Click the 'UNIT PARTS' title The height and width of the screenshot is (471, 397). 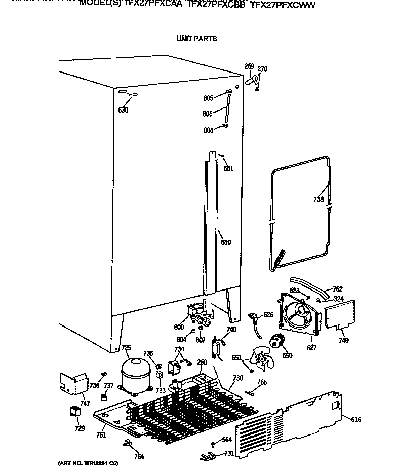click(196, 39)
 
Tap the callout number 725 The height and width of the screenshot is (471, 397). click(126, 347)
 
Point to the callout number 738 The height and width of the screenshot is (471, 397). click(318, 199)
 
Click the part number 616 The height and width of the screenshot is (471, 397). click(356, 419)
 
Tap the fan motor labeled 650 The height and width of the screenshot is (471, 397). click(276, 342)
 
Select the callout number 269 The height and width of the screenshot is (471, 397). click(249, 66)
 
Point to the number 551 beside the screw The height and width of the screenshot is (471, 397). click(229, 168)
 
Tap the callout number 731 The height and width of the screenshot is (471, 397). click(229, 453)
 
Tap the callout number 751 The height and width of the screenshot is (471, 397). click(101, 435)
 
